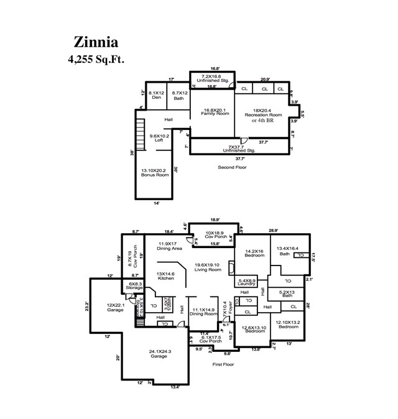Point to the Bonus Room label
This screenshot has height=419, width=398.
pos(155,172)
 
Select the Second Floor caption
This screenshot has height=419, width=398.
pos(232,167)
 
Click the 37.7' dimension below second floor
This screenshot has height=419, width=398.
pos(240,159)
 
